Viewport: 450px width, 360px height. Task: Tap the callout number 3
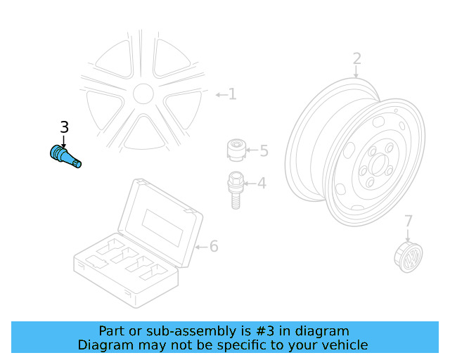64,127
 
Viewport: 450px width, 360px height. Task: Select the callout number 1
232,94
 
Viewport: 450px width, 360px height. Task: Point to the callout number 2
356,58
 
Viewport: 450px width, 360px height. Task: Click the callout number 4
262,184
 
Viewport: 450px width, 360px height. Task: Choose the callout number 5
264,150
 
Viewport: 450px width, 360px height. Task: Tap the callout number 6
214,246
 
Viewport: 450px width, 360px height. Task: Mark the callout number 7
409,222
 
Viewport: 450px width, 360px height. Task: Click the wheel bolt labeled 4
235,188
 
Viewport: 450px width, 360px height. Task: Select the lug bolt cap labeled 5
236,150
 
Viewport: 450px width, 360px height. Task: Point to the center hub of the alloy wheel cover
143,94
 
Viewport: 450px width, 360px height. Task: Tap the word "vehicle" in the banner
344,345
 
